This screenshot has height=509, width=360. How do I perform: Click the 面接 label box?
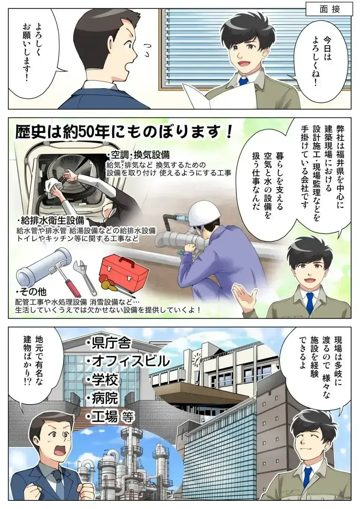pos(330,10)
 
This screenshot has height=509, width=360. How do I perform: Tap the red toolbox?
pos(126,274)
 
